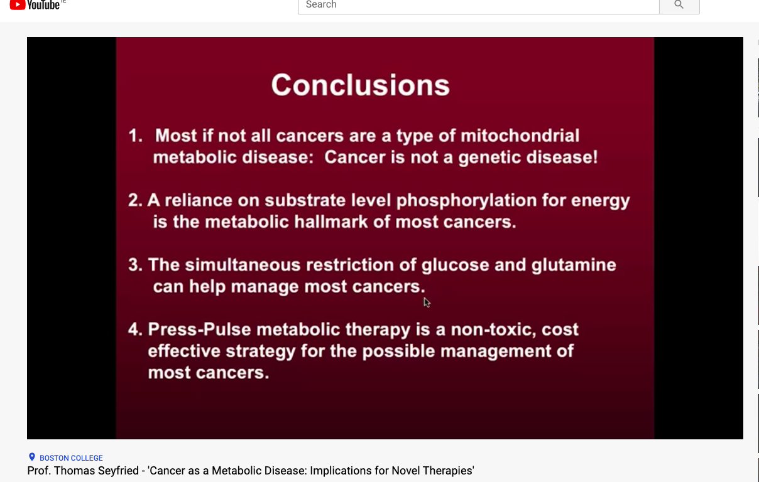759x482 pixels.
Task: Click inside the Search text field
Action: click(478, 5)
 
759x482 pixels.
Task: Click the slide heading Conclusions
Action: click(360, 85)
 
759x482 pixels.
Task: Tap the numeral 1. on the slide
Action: click(135, 136)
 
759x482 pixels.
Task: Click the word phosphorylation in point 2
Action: click(467, 201)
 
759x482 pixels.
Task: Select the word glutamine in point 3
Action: click(574, 265)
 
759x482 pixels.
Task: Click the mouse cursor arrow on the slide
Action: click(427, 303)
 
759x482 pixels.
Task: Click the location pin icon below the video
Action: click(32, 458)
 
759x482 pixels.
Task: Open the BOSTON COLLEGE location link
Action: click(71, 458)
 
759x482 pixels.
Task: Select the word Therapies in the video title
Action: click(447, 471)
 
